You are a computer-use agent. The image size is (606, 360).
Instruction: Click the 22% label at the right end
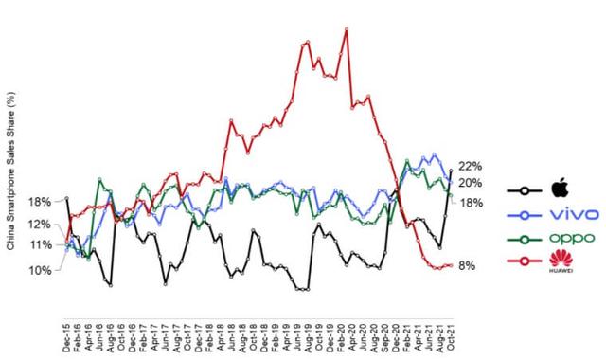click(x=472, y=166)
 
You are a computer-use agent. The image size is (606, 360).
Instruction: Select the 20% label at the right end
click(x=472, y=183)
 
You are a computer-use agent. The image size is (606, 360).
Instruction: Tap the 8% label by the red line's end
click(x=466, y=266)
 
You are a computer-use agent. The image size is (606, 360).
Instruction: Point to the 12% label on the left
click(x=40, y=225)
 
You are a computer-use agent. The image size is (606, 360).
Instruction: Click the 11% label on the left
click(x=40, y=245)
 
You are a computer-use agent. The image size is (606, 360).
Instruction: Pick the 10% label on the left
click(x=40, y=270)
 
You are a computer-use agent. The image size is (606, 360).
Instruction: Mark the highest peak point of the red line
click(x=347, y=29)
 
